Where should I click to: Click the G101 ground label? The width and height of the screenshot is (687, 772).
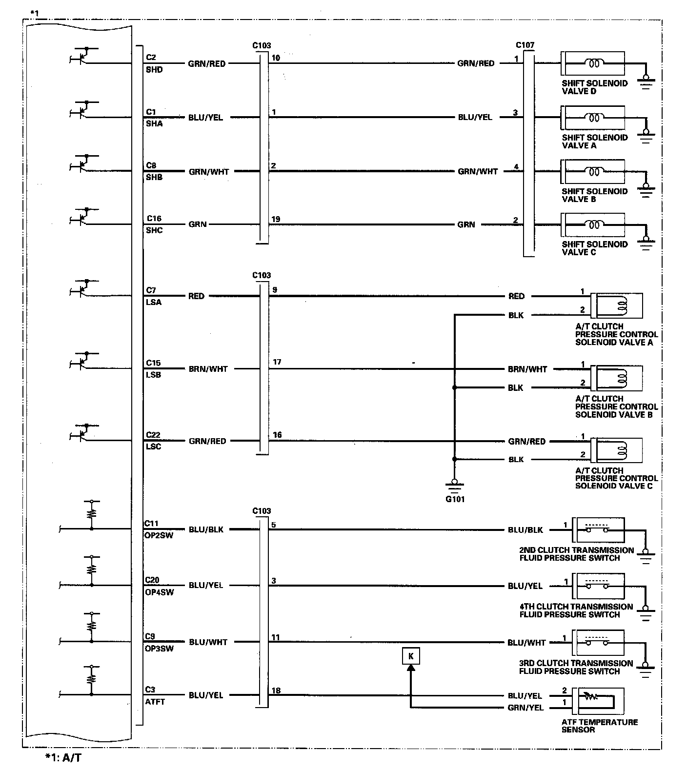pos(454,499)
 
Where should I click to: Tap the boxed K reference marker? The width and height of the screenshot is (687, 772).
pos(411,656)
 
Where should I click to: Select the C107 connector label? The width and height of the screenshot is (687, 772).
pos(525,45)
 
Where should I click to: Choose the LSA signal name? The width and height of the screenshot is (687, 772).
pos(154,302)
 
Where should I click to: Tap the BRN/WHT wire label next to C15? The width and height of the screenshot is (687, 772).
pos(208,369)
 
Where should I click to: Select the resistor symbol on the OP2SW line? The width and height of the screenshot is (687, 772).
pos(91,513)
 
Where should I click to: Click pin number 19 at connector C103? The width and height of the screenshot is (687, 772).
pos(276,219)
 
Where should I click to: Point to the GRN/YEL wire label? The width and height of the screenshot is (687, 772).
pos(525,708)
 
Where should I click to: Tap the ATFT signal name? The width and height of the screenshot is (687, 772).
pos(155,702)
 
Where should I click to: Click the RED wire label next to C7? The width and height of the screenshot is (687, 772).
pos(196,296)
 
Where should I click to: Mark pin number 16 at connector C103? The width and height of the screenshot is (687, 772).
pos(277,435)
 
